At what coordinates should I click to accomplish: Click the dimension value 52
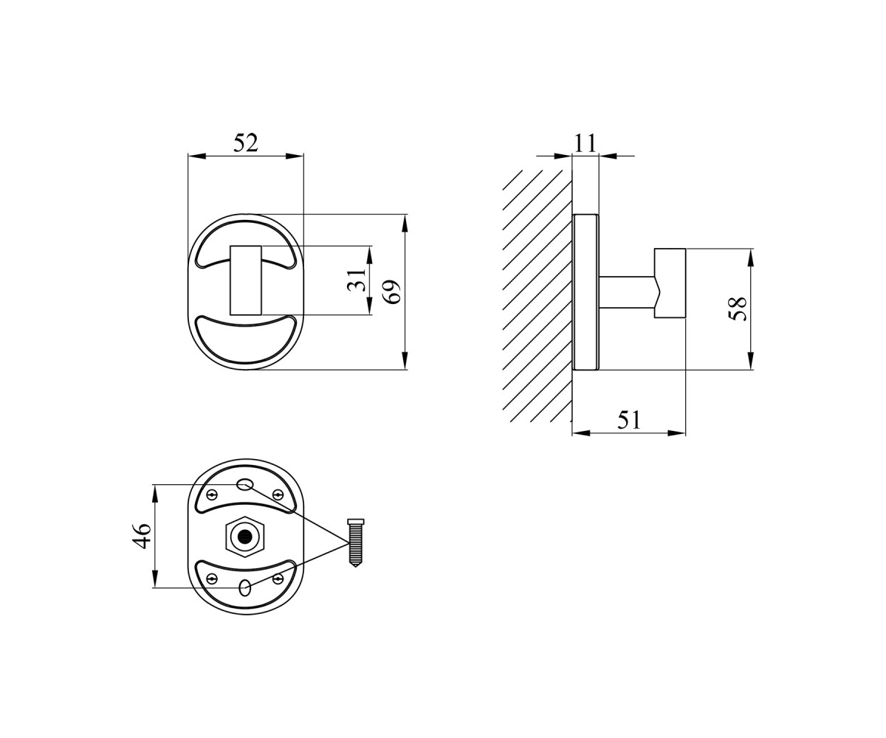246,143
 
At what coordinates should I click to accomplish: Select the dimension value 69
391,292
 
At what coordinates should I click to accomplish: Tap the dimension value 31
357,280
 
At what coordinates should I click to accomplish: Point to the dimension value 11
585,143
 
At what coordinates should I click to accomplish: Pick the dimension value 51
628,420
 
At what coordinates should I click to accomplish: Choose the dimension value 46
142,536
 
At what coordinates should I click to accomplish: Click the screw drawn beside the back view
355,543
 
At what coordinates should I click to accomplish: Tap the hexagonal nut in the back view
244,537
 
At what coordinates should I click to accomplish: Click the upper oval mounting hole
244,484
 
